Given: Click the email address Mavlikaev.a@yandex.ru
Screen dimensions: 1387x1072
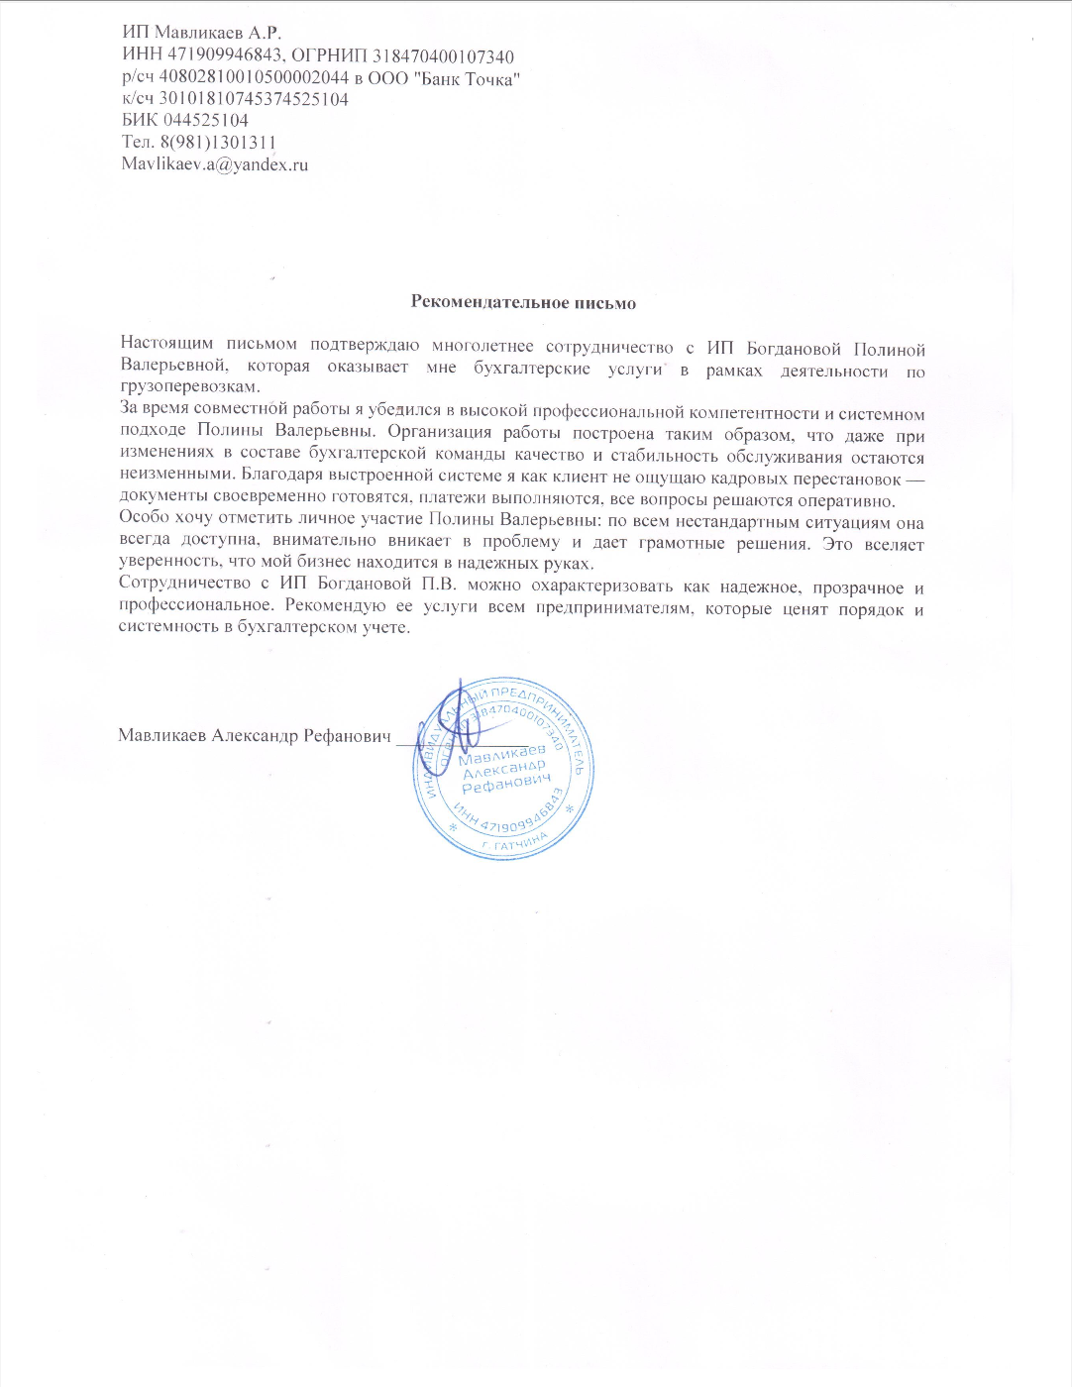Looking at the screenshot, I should (214, 164).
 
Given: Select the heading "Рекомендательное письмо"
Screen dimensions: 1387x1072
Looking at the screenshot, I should (523, 302).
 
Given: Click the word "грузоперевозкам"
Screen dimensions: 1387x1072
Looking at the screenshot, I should (188, 387).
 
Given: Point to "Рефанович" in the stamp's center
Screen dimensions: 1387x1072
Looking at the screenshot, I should (505, 783).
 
